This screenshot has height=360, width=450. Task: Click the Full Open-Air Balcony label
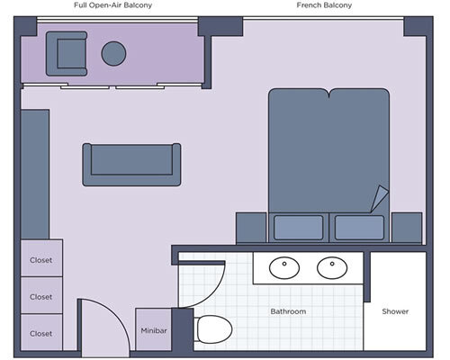[112, 5]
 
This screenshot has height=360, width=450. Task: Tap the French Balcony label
[324, 5]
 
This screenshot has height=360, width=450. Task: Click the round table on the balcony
[113, 54]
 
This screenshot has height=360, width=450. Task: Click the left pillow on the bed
[298, 227]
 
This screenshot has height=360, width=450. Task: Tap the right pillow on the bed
[359, 227]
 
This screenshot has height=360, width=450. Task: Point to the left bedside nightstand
[251, 227]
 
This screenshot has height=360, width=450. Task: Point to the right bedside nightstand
[407, 227]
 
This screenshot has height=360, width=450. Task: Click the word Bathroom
[289, 312]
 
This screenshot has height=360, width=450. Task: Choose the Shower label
[395, 312]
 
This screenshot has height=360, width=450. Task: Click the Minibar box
[153, 330]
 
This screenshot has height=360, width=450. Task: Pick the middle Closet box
[41, 296]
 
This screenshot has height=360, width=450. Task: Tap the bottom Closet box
[41, 332]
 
